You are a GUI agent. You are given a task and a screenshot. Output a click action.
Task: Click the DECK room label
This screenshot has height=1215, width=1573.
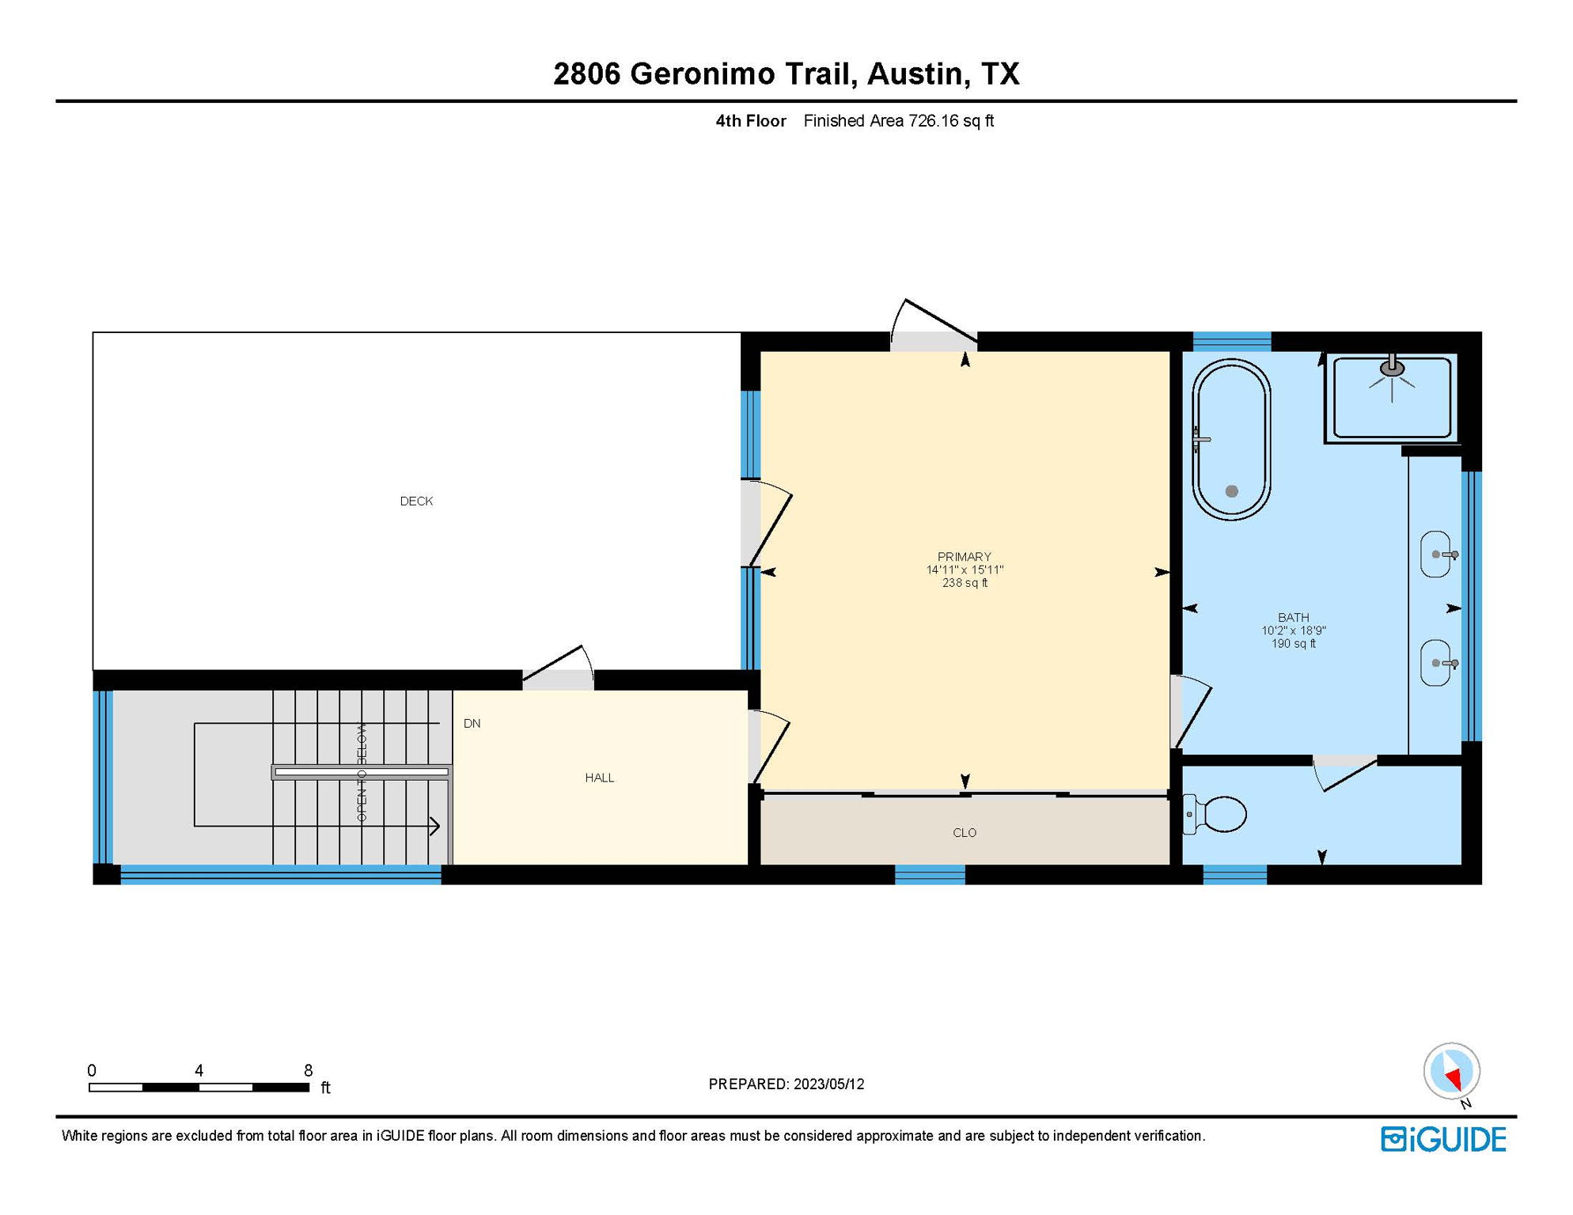416,502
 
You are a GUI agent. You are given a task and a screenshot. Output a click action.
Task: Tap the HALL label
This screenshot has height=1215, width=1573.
600,778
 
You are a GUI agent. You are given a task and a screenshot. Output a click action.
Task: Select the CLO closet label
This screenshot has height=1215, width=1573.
965,833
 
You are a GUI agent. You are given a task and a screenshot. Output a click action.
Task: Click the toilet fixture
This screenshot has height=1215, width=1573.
1215,814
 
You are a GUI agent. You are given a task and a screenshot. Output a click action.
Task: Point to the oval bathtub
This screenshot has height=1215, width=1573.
1231,440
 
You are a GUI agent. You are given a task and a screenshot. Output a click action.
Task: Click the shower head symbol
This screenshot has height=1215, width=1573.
1393,369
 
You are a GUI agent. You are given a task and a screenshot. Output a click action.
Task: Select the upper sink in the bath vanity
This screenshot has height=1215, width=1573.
1437,555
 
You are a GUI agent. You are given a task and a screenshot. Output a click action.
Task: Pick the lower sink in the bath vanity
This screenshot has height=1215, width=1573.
1437,663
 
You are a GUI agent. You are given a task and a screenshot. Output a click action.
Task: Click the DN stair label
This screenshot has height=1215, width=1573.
472,724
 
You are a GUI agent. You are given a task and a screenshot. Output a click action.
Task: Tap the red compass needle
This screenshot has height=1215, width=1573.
1454,1078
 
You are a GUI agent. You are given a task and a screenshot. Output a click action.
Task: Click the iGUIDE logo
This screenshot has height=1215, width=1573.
1444,1140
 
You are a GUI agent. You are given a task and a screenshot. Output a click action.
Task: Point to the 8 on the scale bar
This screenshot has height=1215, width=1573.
309,1071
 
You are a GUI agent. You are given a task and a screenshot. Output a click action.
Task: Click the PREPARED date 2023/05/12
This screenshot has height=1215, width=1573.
828,1084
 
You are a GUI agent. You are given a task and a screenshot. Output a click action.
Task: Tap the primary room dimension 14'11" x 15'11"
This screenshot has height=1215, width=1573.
965,570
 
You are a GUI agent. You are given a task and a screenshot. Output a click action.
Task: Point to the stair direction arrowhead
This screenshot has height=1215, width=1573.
435,827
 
